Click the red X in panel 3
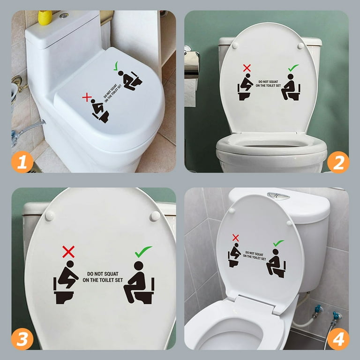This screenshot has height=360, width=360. coord(68,252)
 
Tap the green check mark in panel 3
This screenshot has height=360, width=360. coord(143,252)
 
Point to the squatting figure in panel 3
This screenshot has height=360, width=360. coord(67,283)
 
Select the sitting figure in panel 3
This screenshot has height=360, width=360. coord(139,283)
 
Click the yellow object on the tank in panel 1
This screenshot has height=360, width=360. coord(45,17)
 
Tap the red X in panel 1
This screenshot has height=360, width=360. coord(86,97)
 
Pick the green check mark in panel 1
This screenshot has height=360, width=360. coord(116,67)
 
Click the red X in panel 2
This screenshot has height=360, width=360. coord(247,68)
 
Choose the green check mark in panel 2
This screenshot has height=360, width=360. coord(293,68)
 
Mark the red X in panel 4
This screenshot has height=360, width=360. coord(235,238)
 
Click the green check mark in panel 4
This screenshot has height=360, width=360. coord(278,243)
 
